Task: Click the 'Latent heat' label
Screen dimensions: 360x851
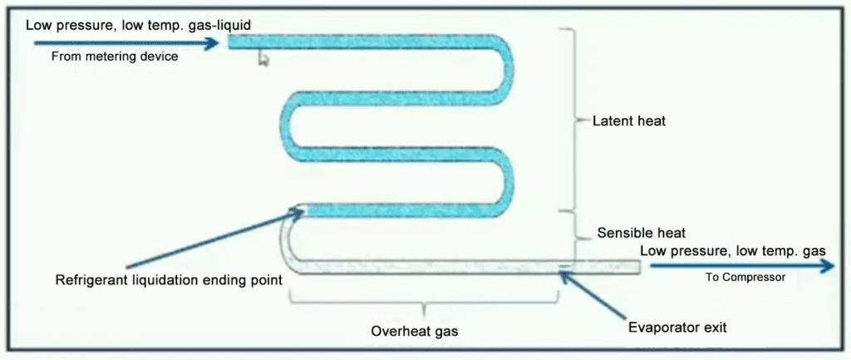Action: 628,121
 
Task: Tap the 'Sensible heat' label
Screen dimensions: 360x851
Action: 641,233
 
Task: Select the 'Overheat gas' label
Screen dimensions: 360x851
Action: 414,331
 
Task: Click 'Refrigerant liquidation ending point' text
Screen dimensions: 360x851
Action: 169,279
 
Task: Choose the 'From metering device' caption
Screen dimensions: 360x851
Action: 115,57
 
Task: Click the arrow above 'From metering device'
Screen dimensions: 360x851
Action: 125,40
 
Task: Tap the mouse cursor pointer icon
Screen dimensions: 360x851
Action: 263,57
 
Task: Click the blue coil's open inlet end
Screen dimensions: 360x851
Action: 230,41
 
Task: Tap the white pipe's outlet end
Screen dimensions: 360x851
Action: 639,266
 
